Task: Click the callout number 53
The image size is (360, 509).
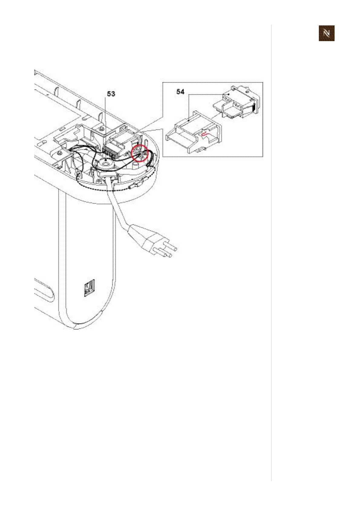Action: click(111, 94)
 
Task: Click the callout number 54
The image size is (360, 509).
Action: click(180, 91)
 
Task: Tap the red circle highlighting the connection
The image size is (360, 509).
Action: click(140, 153)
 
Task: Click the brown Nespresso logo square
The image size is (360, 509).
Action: click(327, 33)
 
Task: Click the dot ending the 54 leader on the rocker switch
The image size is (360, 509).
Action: click(229, 94)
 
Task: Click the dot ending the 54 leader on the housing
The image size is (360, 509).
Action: click(189, 120)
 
